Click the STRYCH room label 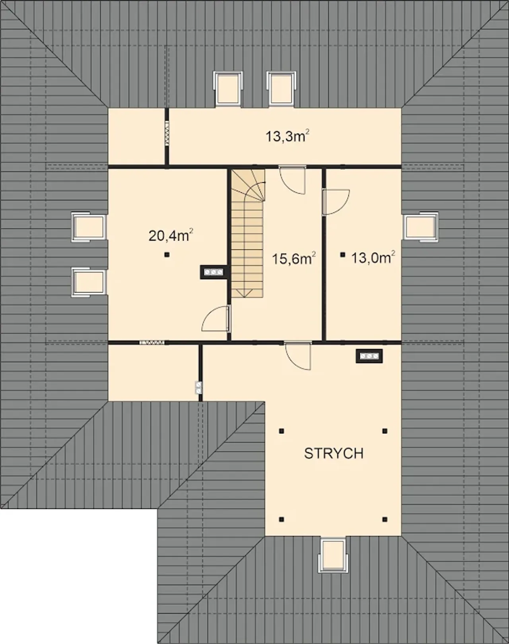[x=334, y=453]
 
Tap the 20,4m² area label [x=171, y=235]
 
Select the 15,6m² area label [x=294, y=258]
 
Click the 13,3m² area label [x=288, y=136]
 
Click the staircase [x=248, y=233]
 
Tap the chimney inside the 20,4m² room [x=213, y=272]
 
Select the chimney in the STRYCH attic [x=369, y=356]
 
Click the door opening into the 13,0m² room [x=336, y=202]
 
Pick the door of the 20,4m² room [x=216, y=318]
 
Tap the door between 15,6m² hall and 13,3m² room [x=292, y=180]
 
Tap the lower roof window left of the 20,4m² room [x=89, y=282]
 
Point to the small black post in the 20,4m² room [x=167, y=255]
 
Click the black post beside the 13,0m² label [x=342, y=255]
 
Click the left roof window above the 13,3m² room [x=228, y=89]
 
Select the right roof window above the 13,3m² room [x=281, y=89]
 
